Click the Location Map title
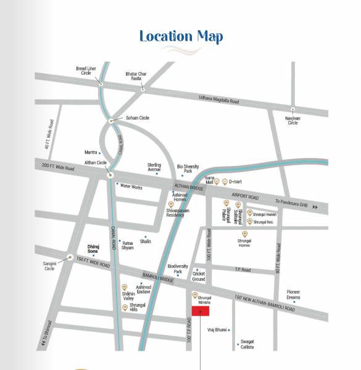pos(181,36)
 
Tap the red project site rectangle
pos(200,311)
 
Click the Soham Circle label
pos(137,118)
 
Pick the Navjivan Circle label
pos(293,120)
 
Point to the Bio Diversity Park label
pos(188,168)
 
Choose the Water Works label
pos(131,186)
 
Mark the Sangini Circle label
pos(49,266)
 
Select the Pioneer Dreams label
pos(293,295)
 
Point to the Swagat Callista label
pos(247,343)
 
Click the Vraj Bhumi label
pos(217,330)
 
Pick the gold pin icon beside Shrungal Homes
pos(244,234)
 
